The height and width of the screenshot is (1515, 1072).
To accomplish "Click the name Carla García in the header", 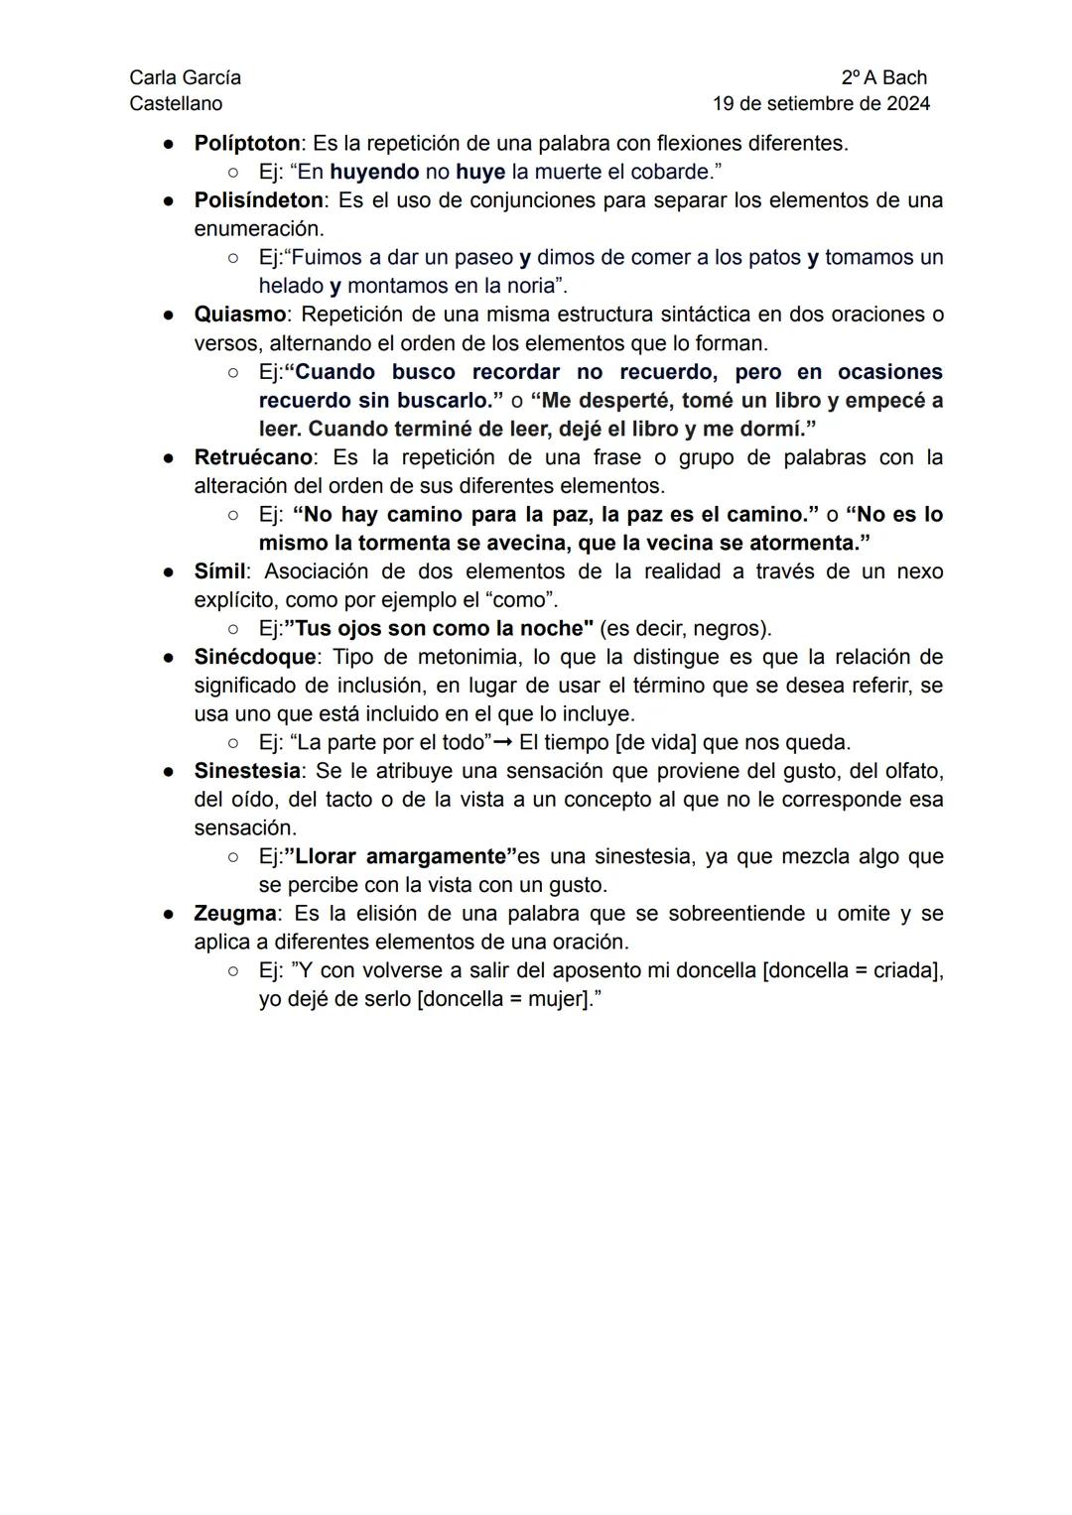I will pos(185,77).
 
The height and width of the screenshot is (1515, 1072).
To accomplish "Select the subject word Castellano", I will pos(176,103).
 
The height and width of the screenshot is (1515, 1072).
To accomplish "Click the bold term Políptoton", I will pos(246,143).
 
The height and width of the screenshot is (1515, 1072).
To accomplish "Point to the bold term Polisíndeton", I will pos(258,200).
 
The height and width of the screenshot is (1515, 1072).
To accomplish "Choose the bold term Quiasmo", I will pos(239,315).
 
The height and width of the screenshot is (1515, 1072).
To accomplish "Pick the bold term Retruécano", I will pos(253,457).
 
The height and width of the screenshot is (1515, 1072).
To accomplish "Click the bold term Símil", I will pos(219,571).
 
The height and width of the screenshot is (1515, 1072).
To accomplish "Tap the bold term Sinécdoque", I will pos(254,657).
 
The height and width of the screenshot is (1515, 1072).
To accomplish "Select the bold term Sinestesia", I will pos(246,771).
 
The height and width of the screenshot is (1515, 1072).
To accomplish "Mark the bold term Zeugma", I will pos(235,913).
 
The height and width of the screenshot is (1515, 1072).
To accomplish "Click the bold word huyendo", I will pos(374,172).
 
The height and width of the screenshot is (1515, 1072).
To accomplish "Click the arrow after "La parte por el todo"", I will pos(505,743).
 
